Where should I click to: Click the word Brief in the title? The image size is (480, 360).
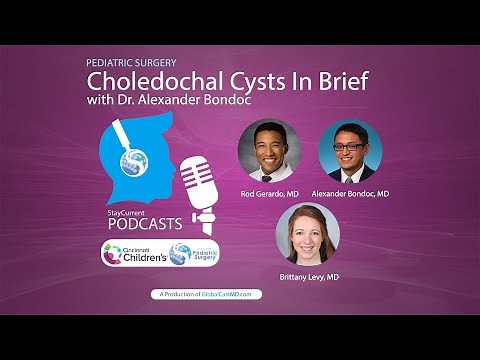click(x=341, y=81)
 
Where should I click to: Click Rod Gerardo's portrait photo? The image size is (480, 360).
click(x=269, y=150)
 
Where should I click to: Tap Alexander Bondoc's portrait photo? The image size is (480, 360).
click(x=349, y=150)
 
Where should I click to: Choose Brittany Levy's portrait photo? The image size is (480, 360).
click(x=307, y=233)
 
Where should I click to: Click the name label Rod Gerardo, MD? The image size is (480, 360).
click(x=269, y=193)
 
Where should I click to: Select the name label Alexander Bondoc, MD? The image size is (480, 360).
click(x=349, y=193)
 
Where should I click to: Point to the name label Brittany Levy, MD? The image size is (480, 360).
click(x=307, y=276)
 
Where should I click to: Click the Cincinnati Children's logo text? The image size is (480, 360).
click(x=141, y=254)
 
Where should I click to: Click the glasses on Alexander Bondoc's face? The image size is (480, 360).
click(x=350, y=146)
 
